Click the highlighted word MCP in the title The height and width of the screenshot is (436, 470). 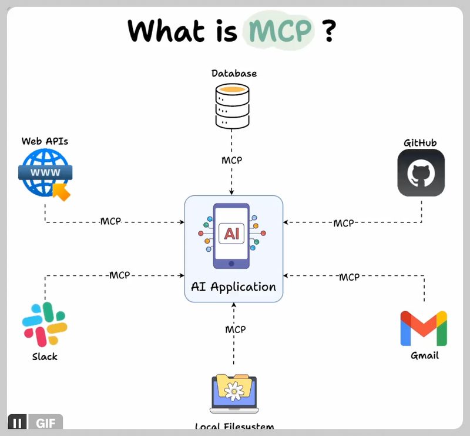pyautogui.click(x=278, y=31)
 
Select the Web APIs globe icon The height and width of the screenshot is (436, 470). pyautogui.click(x=45, y=172)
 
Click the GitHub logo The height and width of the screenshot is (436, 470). pyautogui.click(x=421, y=173)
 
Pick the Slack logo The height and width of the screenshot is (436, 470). pyautogui.click(x=45, y=324)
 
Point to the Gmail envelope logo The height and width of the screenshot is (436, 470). pyautogui.click(x=424, y=328)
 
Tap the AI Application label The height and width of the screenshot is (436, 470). pyautogui.click(x=233, y=287)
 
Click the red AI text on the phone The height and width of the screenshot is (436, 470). pyautogui.click(x=230, y=234)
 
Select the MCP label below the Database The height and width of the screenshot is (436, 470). pyautogui.click(x=232, y=160)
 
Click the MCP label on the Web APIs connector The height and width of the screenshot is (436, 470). pyautogui.click(x=110, y=222)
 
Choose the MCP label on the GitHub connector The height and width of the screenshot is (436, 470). pyautogui.click(x=344, y=223)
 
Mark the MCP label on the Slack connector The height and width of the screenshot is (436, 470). pyautogui.click(x=119, y=275)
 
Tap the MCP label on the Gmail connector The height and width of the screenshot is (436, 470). pyautogui.click(x=349, y=277)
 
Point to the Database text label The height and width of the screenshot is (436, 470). pyautogui.click(x=234, y=74)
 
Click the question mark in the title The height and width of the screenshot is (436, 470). pyautogui.click(x=329, y=31)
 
